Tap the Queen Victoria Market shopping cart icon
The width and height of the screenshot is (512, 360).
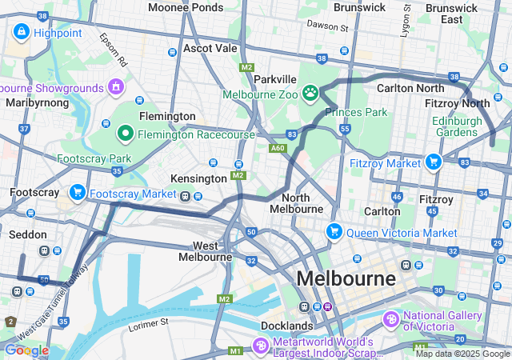[334, 232]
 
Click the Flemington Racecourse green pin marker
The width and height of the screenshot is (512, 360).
[125, 134]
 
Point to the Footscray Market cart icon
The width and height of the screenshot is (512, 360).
[78, 193]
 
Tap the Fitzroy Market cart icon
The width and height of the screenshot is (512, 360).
[434, 162]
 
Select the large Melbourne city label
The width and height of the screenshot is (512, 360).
[346, 278]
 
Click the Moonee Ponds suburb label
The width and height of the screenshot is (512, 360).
[186, 7]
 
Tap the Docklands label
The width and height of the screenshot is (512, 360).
[286, 326]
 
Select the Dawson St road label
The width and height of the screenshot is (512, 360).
[329, 27]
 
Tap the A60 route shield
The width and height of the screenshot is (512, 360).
[278, 148]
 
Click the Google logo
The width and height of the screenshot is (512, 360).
[26, 350]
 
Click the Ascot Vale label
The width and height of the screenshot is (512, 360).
[210, 48]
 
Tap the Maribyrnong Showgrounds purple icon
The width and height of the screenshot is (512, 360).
[117, 86]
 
